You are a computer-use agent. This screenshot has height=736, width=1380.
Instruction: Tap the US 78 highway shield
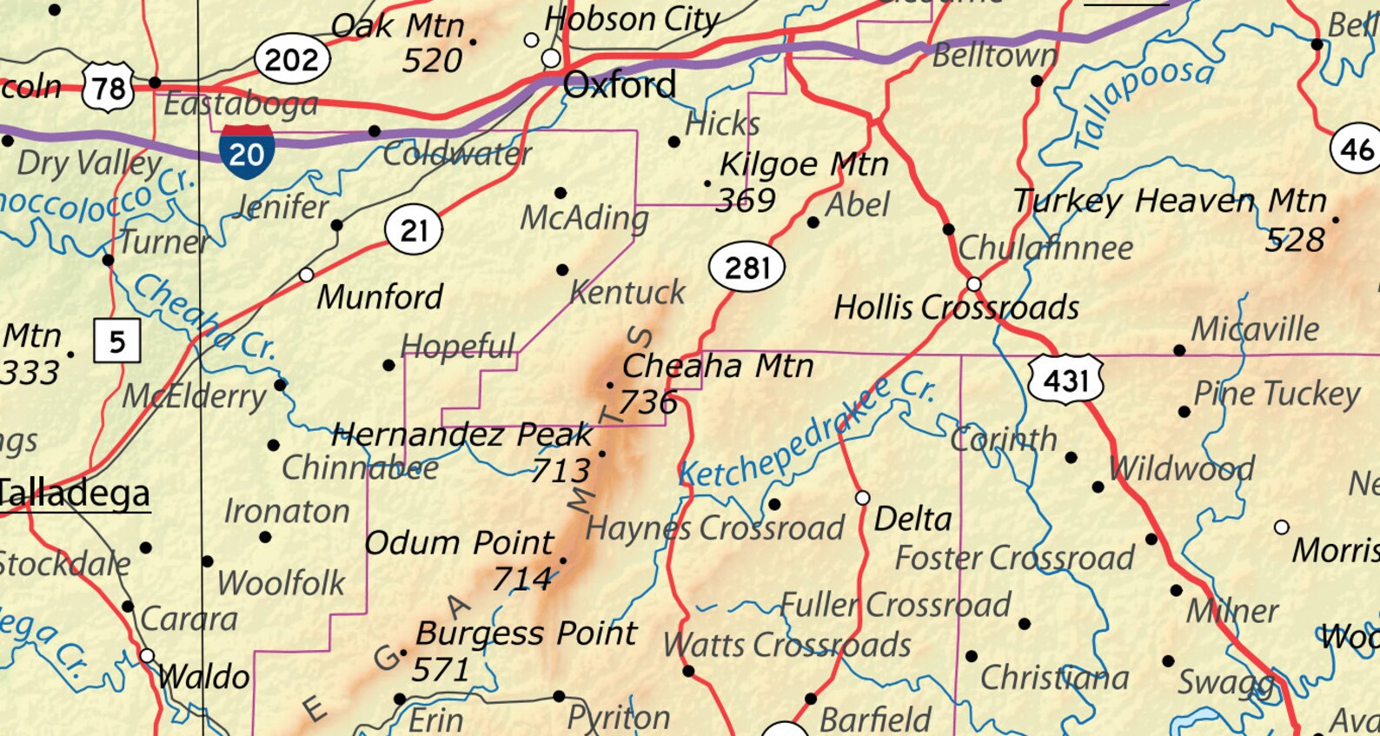click(x=109, y=87)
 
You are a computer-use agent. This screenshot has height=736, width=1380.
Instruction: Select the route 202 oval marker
click(x=292, y=60)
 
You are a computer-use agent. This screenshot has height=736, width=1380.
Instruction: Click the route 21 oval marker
click(x=414, y=230)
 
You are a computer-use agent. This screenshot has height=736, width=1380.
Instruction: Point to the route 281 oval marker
click(x=746, y=268)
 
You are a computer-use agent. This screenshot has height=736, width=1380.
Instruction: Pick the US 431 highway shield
click(x=1065, y=380)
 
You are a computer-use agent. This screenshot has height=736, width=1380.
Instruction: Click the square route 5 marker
click(x=116, y=341)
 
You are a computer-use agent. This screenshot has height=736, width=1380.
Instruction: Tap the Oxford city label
click(x=619, y=85)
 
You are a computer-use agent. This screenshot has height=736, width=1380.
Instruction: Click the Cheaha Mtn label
click(x=718, y=366)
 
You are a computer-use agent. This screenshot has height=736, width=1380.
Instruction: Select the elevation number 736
click(x=647, y=401)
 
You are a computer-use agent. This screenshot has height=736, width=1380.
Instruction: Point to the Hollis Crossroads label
click(x=956, y=308)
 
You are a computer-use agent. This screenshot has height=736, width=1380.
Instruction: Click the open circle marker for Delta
click(x=862, y=498)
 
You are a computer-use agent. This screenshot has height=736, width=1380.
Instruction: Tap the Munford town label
click(x=380, y=297)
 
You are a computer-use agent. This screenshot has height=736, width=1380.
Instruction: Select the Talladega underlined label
click(x=75, y=494)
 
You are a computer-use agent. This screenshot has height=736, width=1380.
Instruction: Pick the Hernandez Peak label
click(x=461, y=434)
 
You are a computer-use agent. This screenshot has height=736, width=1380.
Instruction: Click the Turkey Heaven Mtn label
click(x=1170, y=202)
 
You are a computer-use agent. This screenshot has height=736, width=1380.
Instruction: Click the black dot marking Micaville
click(x=1179, y=350)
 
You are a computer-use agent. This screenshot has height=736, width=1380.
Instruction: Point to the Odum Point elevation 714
click(x=521, y=579)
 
